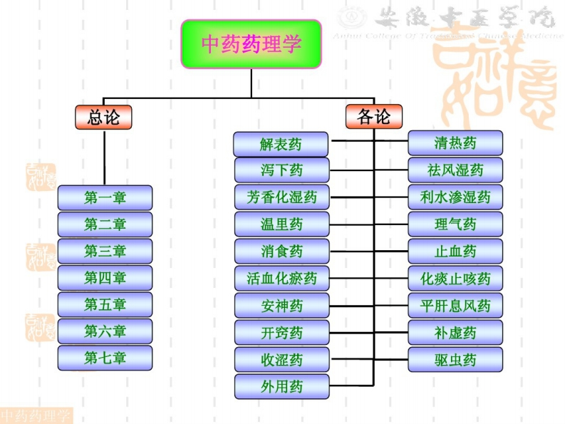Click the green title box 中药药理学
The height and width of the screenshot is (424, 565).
pyautogui.click(x=251, y=44)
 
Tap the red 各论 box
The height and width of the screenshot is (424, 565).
pyautogui.click(x=374, y=117)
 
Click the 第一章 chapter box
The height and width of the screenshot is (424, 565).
pyautogui.click(x=105, y=197)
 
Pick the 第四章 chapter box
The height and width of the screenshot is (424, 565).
pyautogui.click(x=105, y=278)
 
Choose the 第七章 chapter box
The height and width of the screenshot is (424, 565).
pyautogui.click(x=105, y=358)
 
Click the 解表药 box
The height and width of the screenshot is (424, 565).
pyautogui.click(x=281, y=145)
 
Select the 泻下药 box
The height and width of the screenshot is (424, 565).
pyautogui.click(x=281, y=170)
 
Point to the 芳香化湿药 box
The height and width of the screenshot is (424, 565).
pyautogui.click(x=281, y=197)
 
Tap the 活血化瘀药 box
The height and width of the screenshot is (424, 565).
pyautogui.click(x=281, y=278)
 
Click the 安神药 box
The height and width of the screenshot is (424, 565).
pyautogui.click(x=281, y=306)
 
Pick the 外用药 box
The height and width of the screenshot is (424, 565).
pyautogui.click(x=281, y=387)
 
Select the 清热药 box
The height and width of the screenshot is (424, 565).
pyautogui.click(x=455, y=143)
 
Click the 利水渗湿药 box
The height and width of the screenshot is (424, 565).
pyautogui.click(x=455, y=197)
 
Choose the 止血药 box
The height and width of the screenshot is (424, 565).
pyautogui.click(x=455, y=252)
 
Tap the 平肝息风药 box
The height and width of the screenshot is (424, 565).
pyautogui.click(x=455, y=306)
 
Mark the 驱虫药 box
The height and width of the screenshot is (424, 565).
pyautogui.click(x=455, y=360)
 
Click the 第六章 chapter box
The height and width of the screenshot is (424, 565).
pyautogui.click(x=105, y=331)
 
